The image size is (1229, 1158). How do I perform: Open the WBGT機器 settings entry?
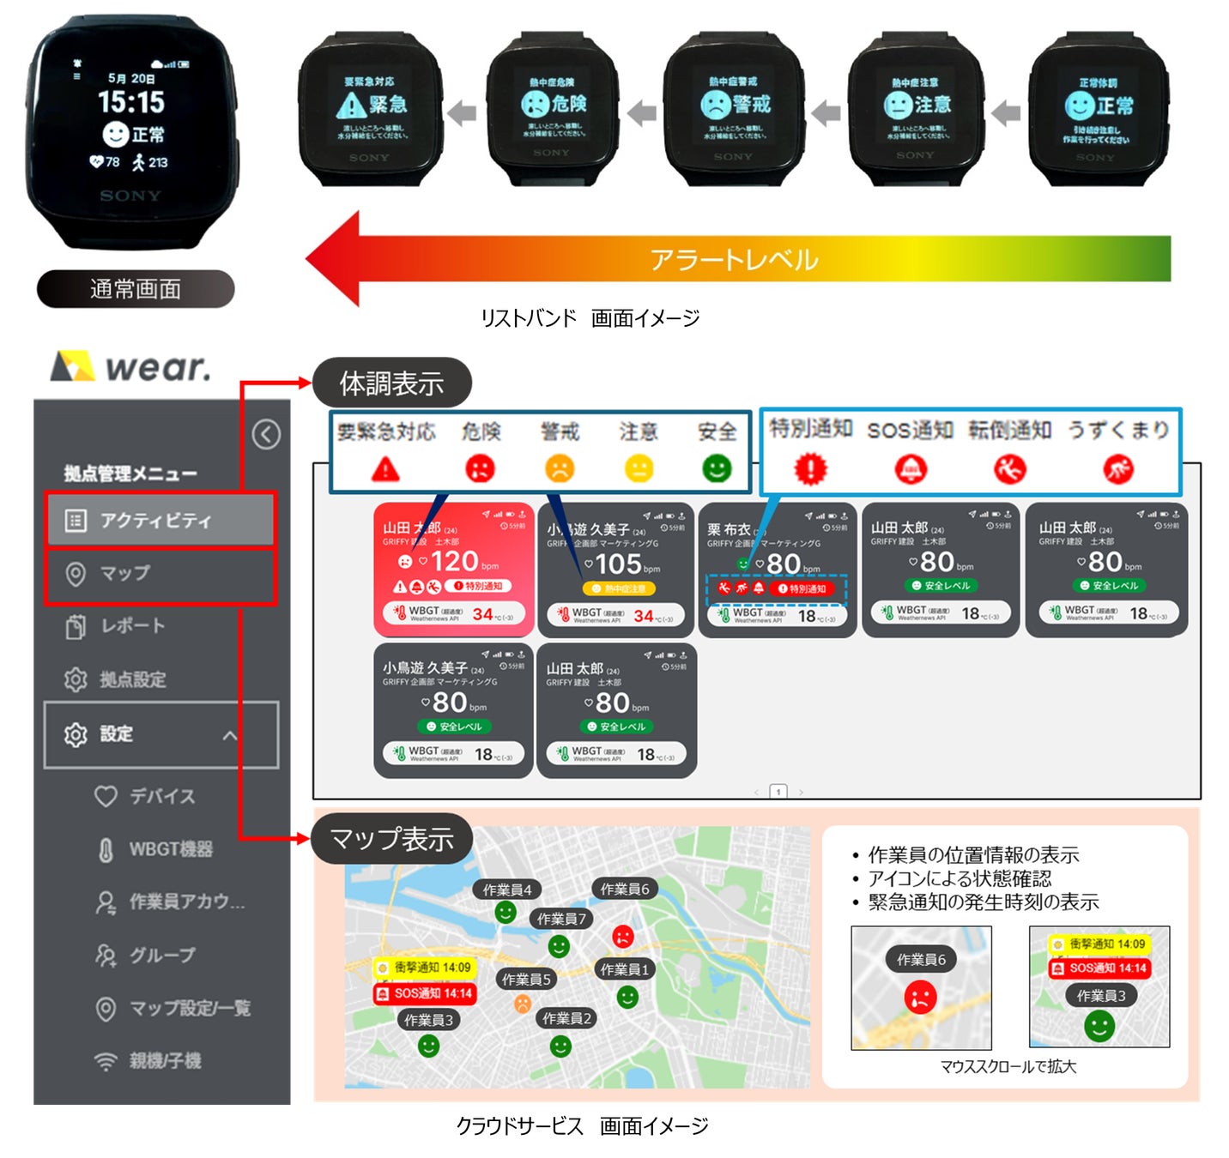point(170,849)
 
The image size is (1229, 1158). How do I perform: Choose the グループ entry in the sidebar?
point(161,955)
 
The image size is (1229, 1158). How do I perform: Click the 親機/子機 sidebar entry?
point(165,1060)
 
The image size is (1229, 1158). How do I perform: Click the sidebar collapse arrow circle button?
point(266,434)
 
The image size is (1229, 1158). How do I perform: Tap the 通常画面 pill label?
point(136,289)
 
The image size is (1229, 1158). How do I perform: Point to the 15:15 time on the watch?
point(130,103)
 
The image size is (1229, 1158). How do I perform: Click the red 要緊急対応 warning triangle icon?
point(385,469)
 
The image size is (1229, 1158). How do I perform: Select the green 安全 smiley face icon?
point(717,468)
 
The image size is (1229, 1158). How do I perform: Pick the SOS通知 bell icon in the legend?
point(911,469)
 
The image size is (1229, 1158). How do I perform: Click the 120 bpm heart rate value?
point(455,561)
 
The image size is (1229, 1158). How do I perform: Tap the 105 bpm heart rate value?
point(619,564)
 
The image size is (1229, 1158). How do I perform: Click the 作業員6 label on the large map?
point(624,890)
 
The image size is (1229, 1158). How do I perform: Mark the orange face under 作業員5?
point(522,1003)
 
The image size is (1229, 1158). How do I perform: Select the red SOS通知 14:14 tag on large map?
point(425,993)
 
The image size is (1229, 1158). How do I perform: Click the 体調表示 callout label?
point(391,383)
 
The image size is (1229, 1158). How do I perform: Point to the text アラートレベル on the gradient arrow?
point(734,259)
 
